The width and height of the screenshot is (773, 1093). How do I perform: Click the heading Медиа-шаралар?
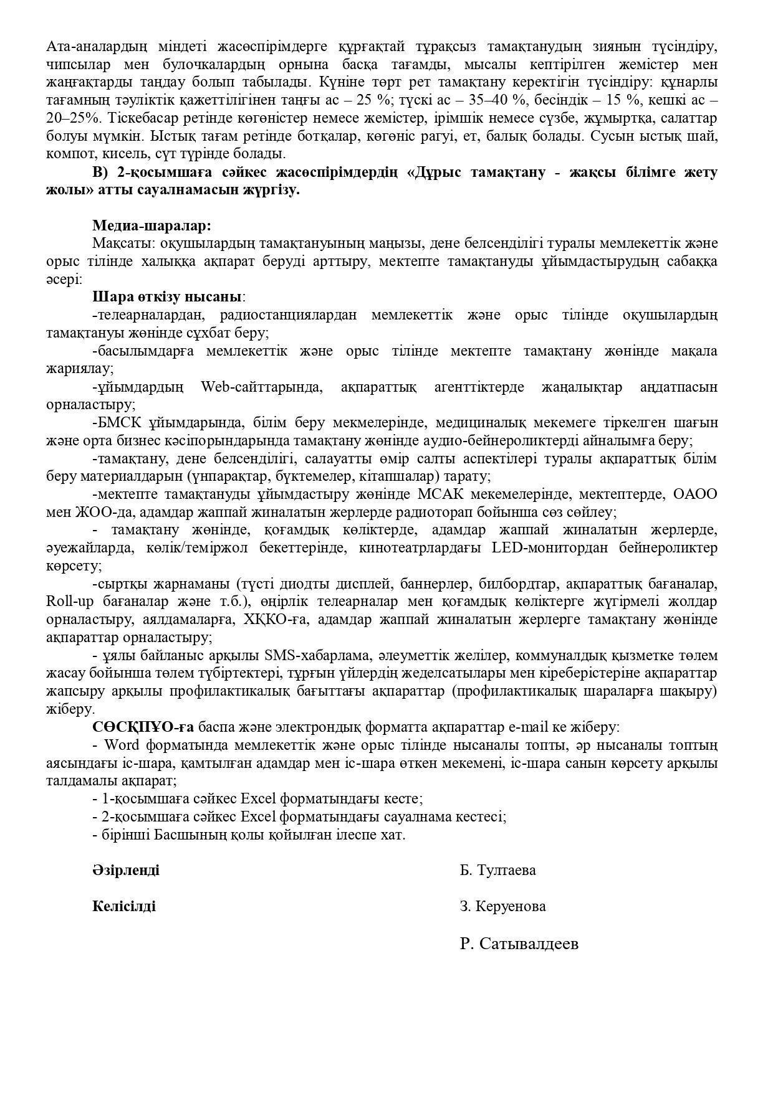(x=151, y=225)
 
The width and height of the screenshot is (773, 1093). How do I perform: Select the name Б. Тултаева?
(x=497, y=870)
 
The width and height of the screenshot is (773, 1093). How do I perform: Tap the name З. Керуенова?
(x=502, y=906)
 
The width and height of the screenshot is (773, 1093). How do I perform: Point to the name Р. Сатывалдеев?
(x=519, y=944)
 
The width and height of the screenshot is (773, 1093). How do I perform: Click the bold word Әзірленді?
(x=125, y=870)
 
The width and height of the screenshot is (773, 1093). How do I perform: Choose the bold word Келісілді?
(x=123, y=906)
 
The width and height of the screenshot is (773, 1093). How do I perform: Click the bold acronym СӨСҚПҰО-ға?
(x=143, y=727)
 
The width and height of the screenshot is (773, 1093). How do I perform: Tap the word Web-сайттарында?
(x=262, y=387)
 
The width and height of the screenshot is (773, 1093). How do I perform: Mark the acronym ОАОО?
(x=694, y=494)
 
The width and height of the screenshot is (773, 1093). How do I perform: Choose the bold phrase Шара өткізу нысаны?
(x=166, y=297)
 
